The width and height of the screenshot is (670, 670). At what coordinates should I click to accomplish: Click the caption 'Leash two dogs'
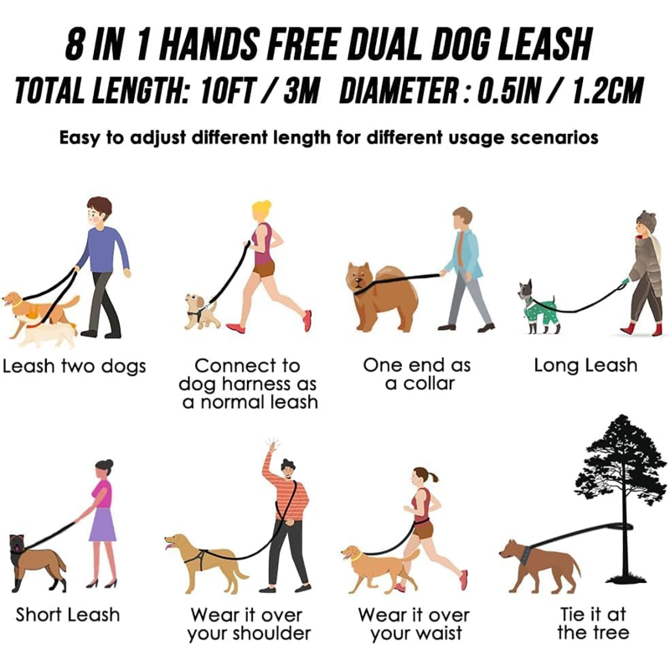tap(74, 366)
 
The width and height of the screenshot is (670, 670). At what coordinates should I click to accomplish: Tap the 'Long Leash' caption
tap(585, 365)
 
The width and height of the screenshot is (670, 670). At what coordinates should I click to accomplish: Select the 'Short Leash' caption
tap(68, 615)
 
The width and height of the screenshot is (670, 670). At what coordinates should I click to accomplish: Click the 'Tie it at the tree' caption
tap(593, 623)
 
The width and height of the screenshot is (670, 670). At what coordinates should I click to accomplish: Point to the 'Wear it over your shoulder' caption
tap(249, 625)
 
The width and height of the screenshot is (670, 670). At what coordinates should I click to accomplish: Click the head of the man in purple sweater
tap(99, 211)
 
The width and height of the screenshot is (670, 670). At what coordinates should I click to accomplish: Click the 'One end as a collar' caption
tap(416, 374)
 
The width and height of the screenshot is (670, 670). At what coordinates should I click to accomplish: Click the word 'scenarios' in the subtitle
tap(554, 138)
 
